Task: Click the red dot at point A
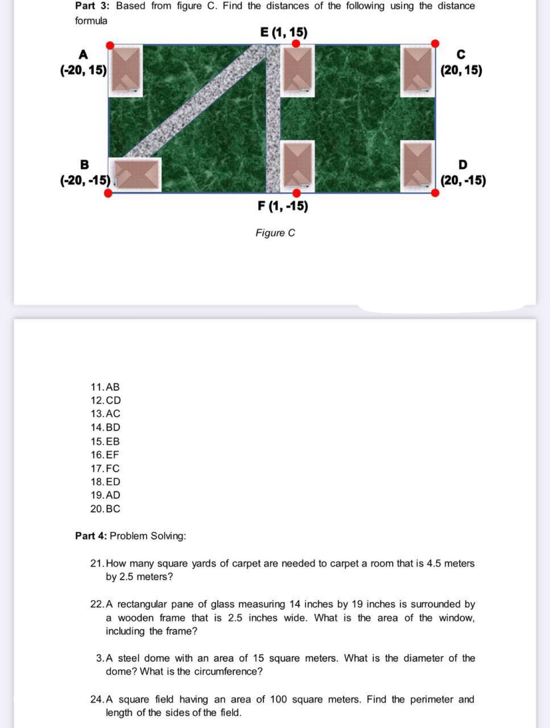110,45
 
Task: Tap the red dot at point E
296,43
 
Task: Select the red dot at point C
435,43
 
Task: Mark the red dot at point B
108,193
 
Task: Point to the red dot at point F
296,193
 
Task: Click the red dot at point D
435,193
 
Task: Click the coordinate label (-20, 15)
84,70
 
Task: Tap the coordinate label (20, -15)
463,181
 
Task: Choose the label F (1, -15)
283,206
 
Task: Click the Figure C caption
275,233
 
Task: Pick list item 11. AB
105,387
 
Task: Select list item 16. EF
105,455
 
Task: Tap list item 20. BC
105,509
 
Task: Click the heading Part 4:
91,536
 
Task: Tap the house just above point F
298,166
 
